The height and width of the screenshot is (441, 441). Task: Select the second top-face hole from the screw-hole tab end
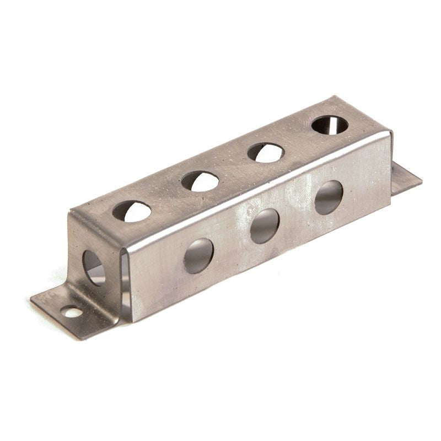[200, 181]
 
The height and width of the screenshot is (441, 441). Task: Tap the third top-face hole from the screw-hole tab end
[265, 152]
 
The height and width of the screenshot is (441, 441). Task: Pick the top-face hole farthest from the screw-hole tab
[330, 125]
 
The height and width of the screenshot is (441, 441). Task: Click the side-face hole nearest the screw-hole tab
[198, 256]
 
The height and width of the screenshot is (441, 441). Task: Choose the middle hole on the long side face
[265, 225]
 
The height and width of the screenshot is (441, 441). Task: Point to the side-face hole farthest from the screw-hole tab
[329, 197]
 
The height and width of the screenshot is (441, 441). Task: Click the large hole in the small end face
[94, 268]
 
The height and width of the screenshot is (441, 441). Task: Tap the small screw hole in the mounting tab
[72, 313]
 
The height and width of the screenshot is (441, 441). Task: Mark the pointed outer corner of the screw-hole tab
[31, 301]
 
